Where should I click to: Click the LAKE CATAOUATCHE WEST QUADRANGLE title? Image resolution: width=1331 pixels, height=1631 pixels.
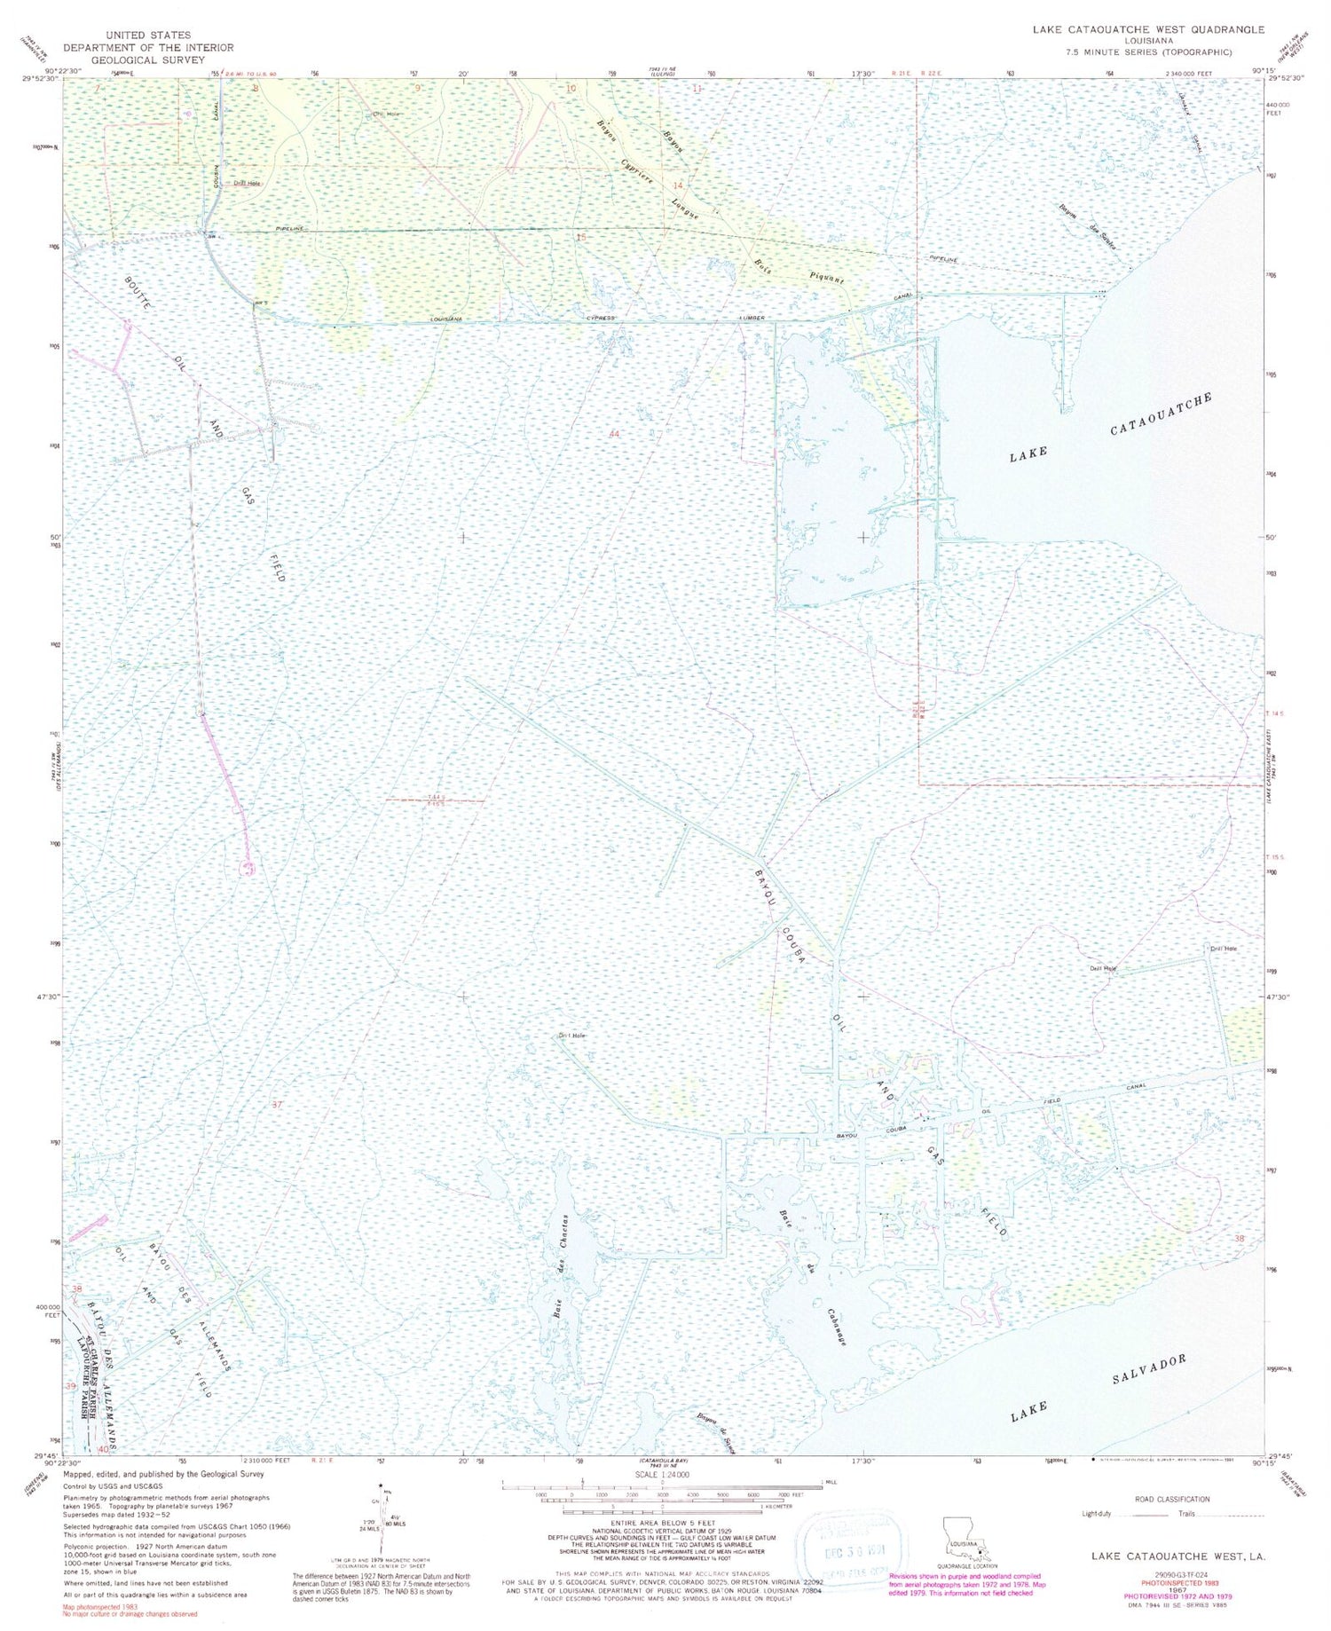click(x=1148, y=29)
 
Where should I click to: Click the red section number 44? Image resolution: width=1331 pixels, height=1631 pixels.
click(x=614, y=434)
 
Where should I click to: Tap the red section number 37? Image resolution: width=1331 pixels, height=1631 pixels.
click(x=277, y=1105)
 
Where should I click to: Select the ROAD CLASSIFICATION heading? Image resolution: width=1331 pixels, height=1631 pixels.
click(x=1171, y=1499)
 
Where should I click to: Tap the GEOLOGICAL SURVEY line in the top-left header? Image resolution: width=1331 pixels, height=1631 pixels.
click(x=147, y=60)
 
